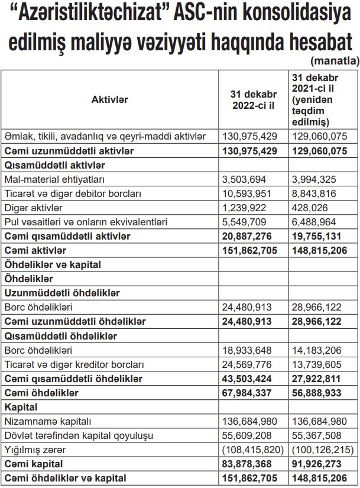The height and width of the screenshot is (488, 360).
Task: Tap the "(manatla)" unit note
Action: [334, 61]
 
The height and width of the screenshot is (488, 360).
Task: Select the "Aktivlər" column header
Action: [110, 100]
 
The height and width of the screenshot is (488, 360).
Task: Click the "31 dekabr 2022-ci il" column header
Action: [253, 100]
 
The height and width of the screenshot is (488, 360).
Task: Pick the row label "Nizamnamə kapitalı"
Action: [48, 421]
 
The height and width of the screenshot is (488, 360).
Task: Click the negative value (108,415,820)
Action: [251, 450]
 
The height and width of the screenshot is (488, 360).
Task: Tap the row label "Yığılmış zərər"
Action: [34, 450]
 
